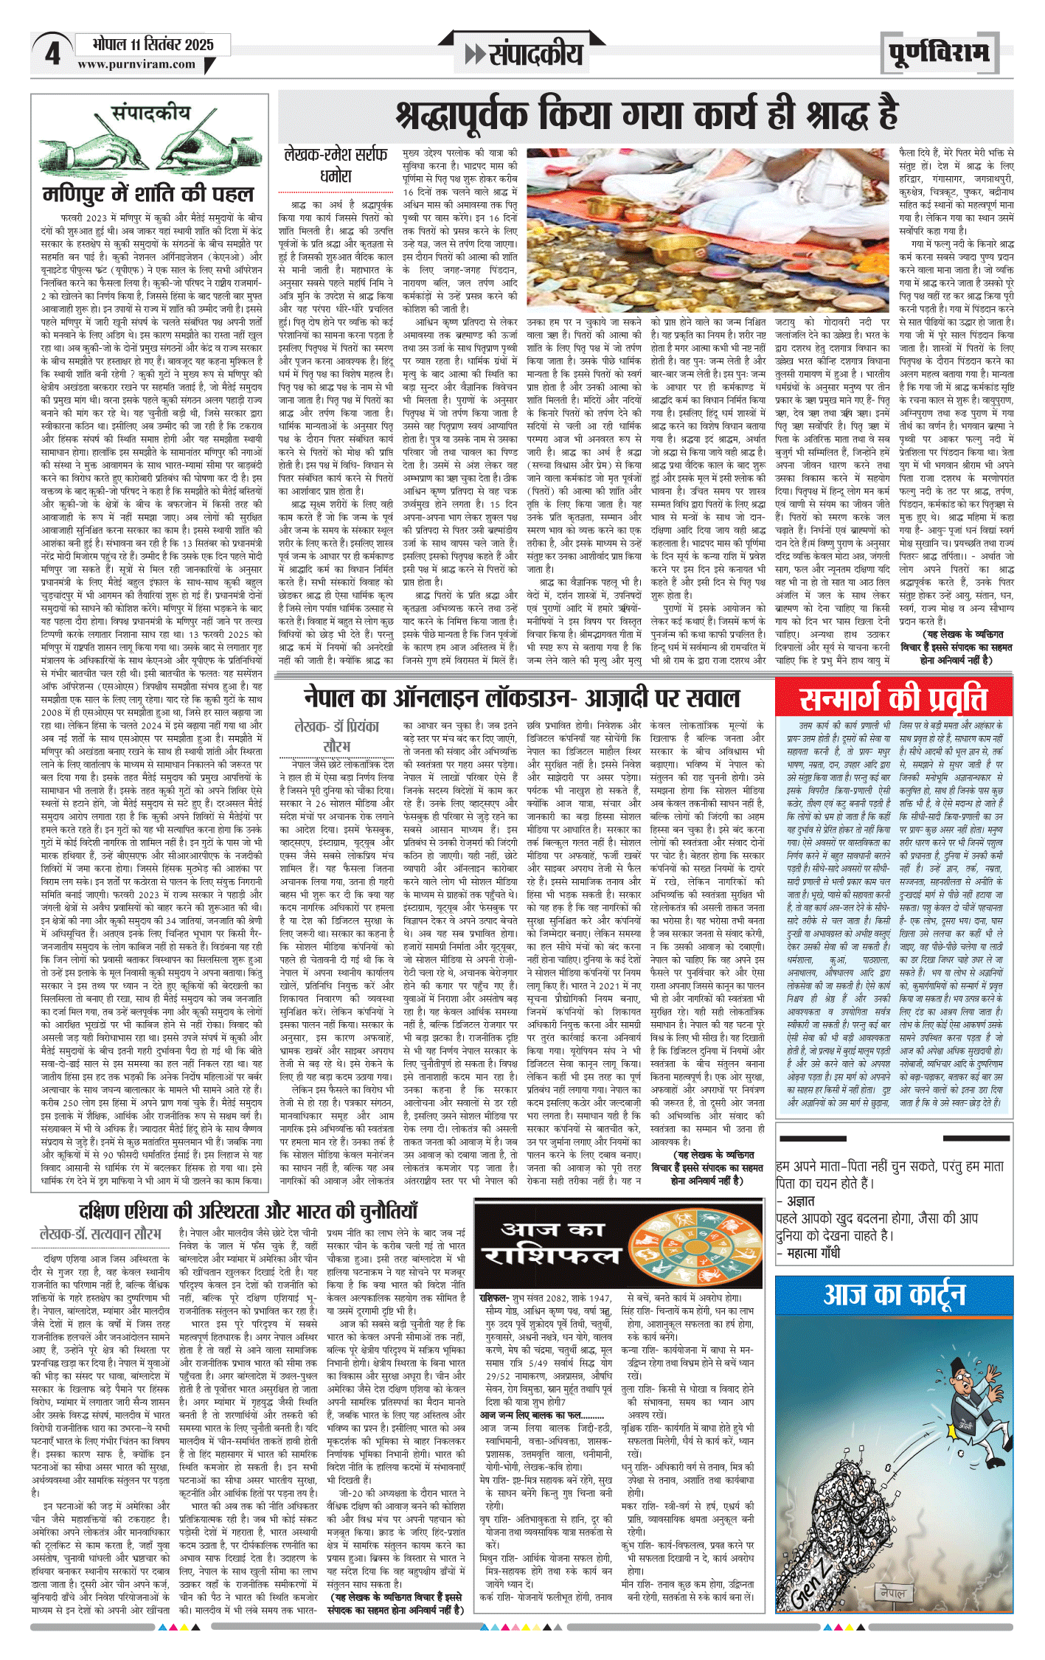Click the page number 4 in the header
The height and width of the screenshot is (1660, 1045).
pos(52,54)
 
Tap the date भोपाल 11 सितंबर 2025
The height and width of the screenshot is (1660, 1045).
pos(153,44)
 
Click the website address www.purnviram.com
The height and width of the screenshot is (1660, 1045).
pos(136,64)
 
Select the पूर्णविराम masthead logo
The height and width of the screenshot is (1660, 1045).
pos(938,54)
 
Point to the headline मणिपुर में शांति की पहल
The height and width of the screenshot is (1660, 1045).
pos(148,194)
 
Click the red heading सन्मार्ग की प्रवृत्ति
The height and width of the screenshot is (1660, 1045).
pos(893,697)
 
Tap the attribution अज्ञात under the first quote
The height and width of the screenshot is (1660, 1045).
pos(800,1201)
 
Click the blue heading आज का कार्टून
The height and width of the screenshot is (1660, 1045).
pos(894,1294)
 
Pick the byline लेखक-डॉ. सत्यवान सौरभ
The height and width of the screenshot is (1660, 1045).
pos(100,1233)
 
